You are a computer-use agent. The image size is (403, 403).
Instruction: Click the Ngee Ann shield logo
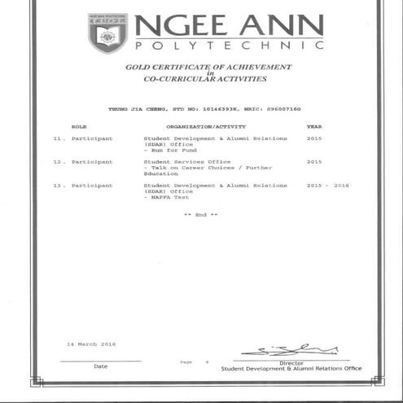pyautogui.click(x=107, y=33)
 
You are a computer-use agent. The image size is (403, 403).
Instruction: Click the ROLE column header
pyautogui.click(x=79, y=127)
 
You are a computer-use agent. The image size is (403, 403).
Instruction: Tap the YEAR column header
pyautogui.click(x=314, y=127)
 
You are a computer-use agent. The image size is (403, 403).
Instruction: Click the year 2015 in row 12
pyautogui.click(x=314, y=162)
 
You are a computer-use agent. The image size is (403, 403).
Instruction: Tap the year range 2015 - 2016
pyautogui.click(x=327, y=186)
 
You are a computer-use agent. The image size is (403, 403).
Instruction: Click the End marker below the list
pyautogui.click(x=201, y=214)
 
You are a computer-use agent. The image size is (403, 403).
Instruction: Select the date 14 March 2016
pyautogui.click(x=91, y=344)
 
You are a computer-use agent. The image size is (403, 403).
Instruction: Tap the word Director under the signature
pyautogui.click(x=291, y=363)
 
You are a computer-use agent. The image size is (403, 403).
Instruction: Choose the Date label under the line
pyautogui.click(x=100, y=366)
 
